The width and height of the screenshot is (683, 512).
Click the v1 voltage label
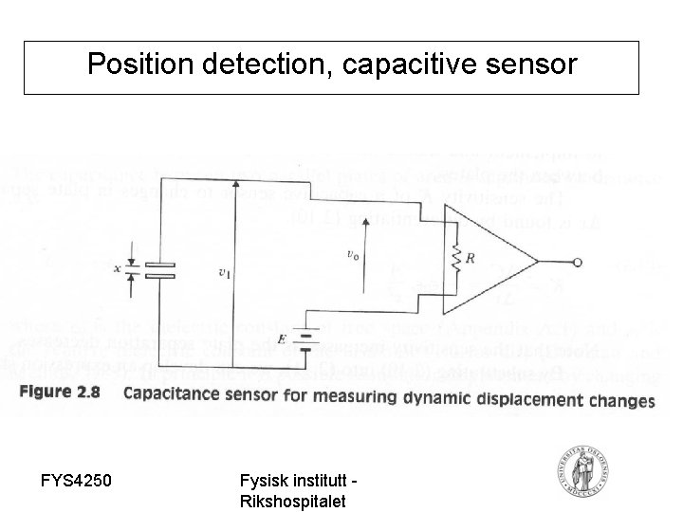224,274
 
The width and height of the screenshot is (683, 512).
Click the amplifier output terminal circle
575,265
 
